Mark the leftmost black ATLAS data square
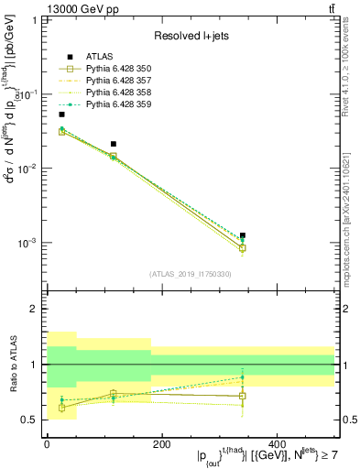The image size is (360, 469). (x=61, y=115)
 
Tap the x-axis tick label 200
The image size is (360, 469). (x=161, y=442)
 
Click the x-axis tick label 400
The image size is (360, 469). (x=276, y=442)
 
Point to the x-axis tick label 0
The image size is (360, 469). (x=47, y=442)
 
